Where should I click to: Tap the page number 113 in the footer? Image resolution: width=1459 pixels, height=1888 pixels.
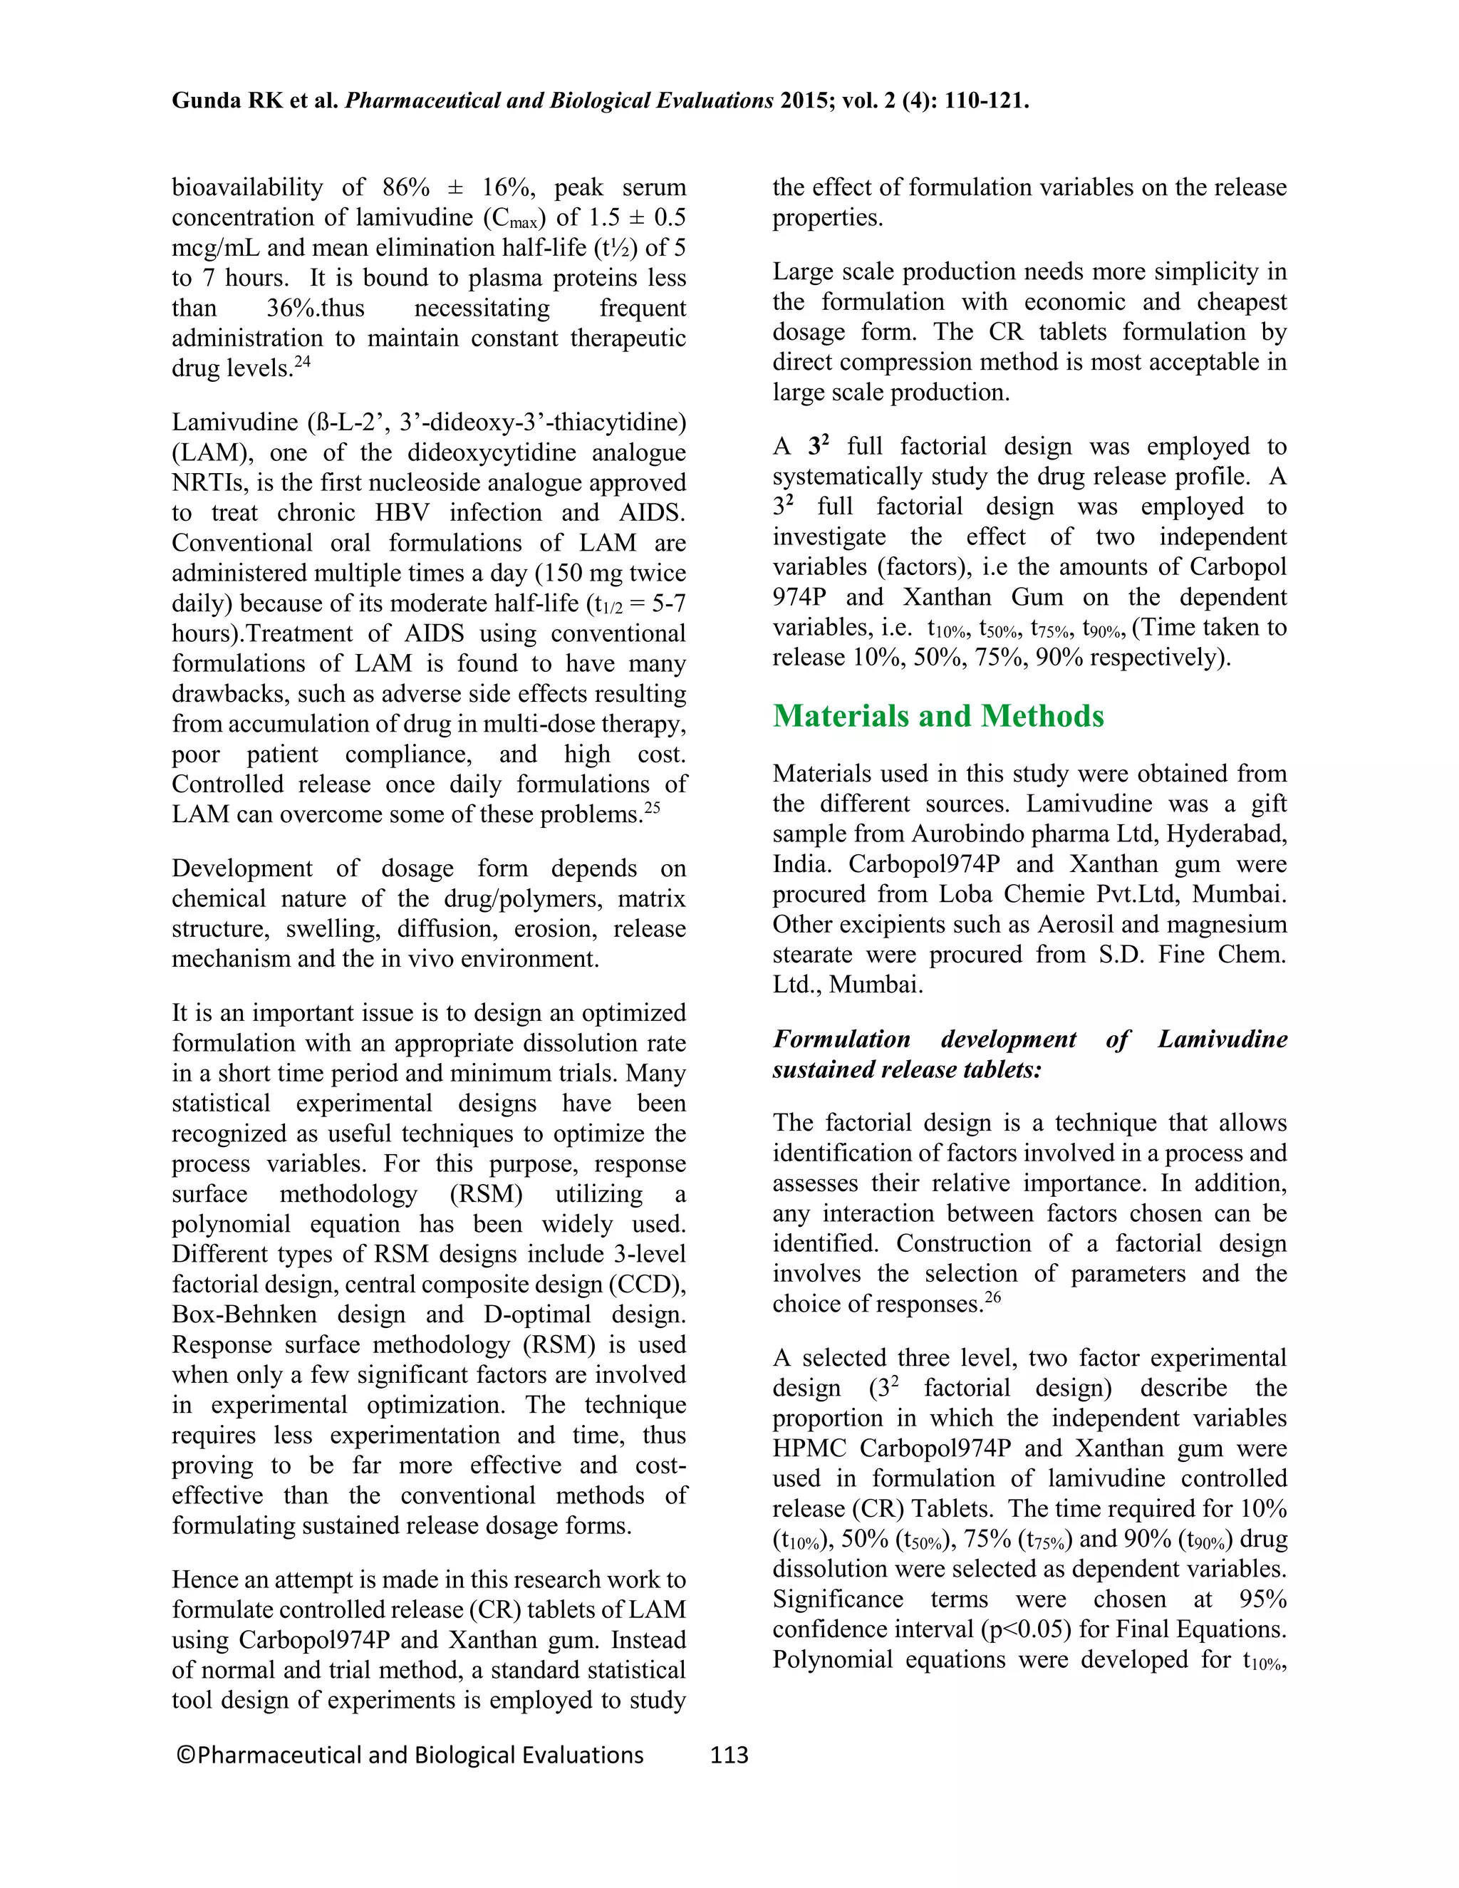coord(729,1755)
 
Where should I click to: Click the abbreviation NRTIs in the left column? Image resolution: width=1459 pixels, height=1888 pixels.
coord(206,483)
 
